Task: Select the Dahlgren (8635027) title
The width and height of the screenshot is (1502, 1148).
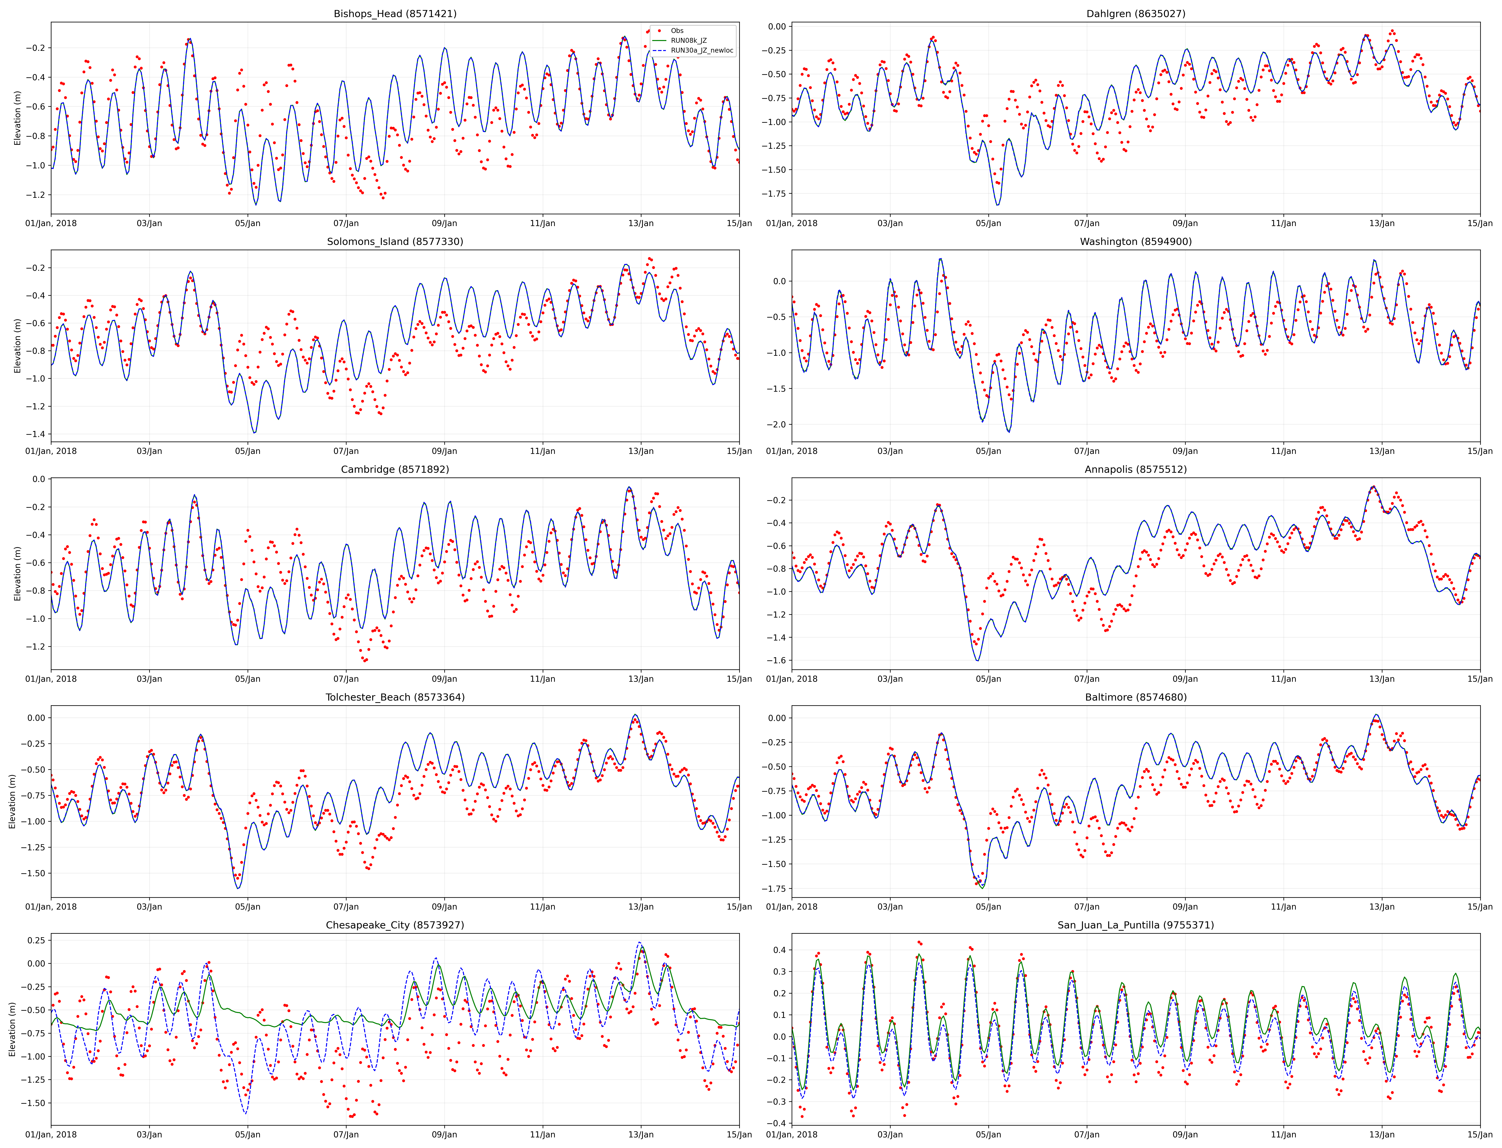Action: [1136, 14]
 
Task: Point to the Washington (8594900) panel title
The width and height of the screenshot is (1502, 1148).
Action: [1136, 241]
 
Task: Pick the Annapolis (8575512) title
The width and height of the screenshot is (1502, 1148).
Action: [1136, 469]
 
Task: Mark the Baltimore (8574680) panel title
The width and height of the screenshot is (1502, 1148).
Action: [1136, 697]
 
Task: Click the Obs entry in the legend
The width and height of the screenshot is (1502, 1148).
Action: [677, 31]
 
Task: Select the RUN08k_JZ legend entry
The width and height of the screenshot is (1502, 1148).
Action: [688, 40]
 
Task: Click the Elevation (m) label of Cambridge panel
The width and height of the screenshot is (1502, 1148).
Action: [18, 573]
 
